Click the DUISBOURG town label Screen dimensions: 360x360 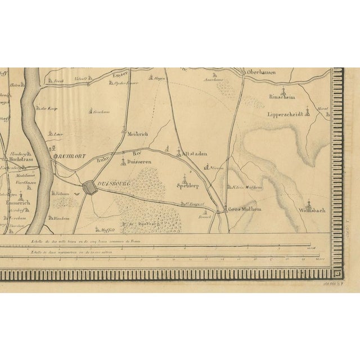pos(113,183)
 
